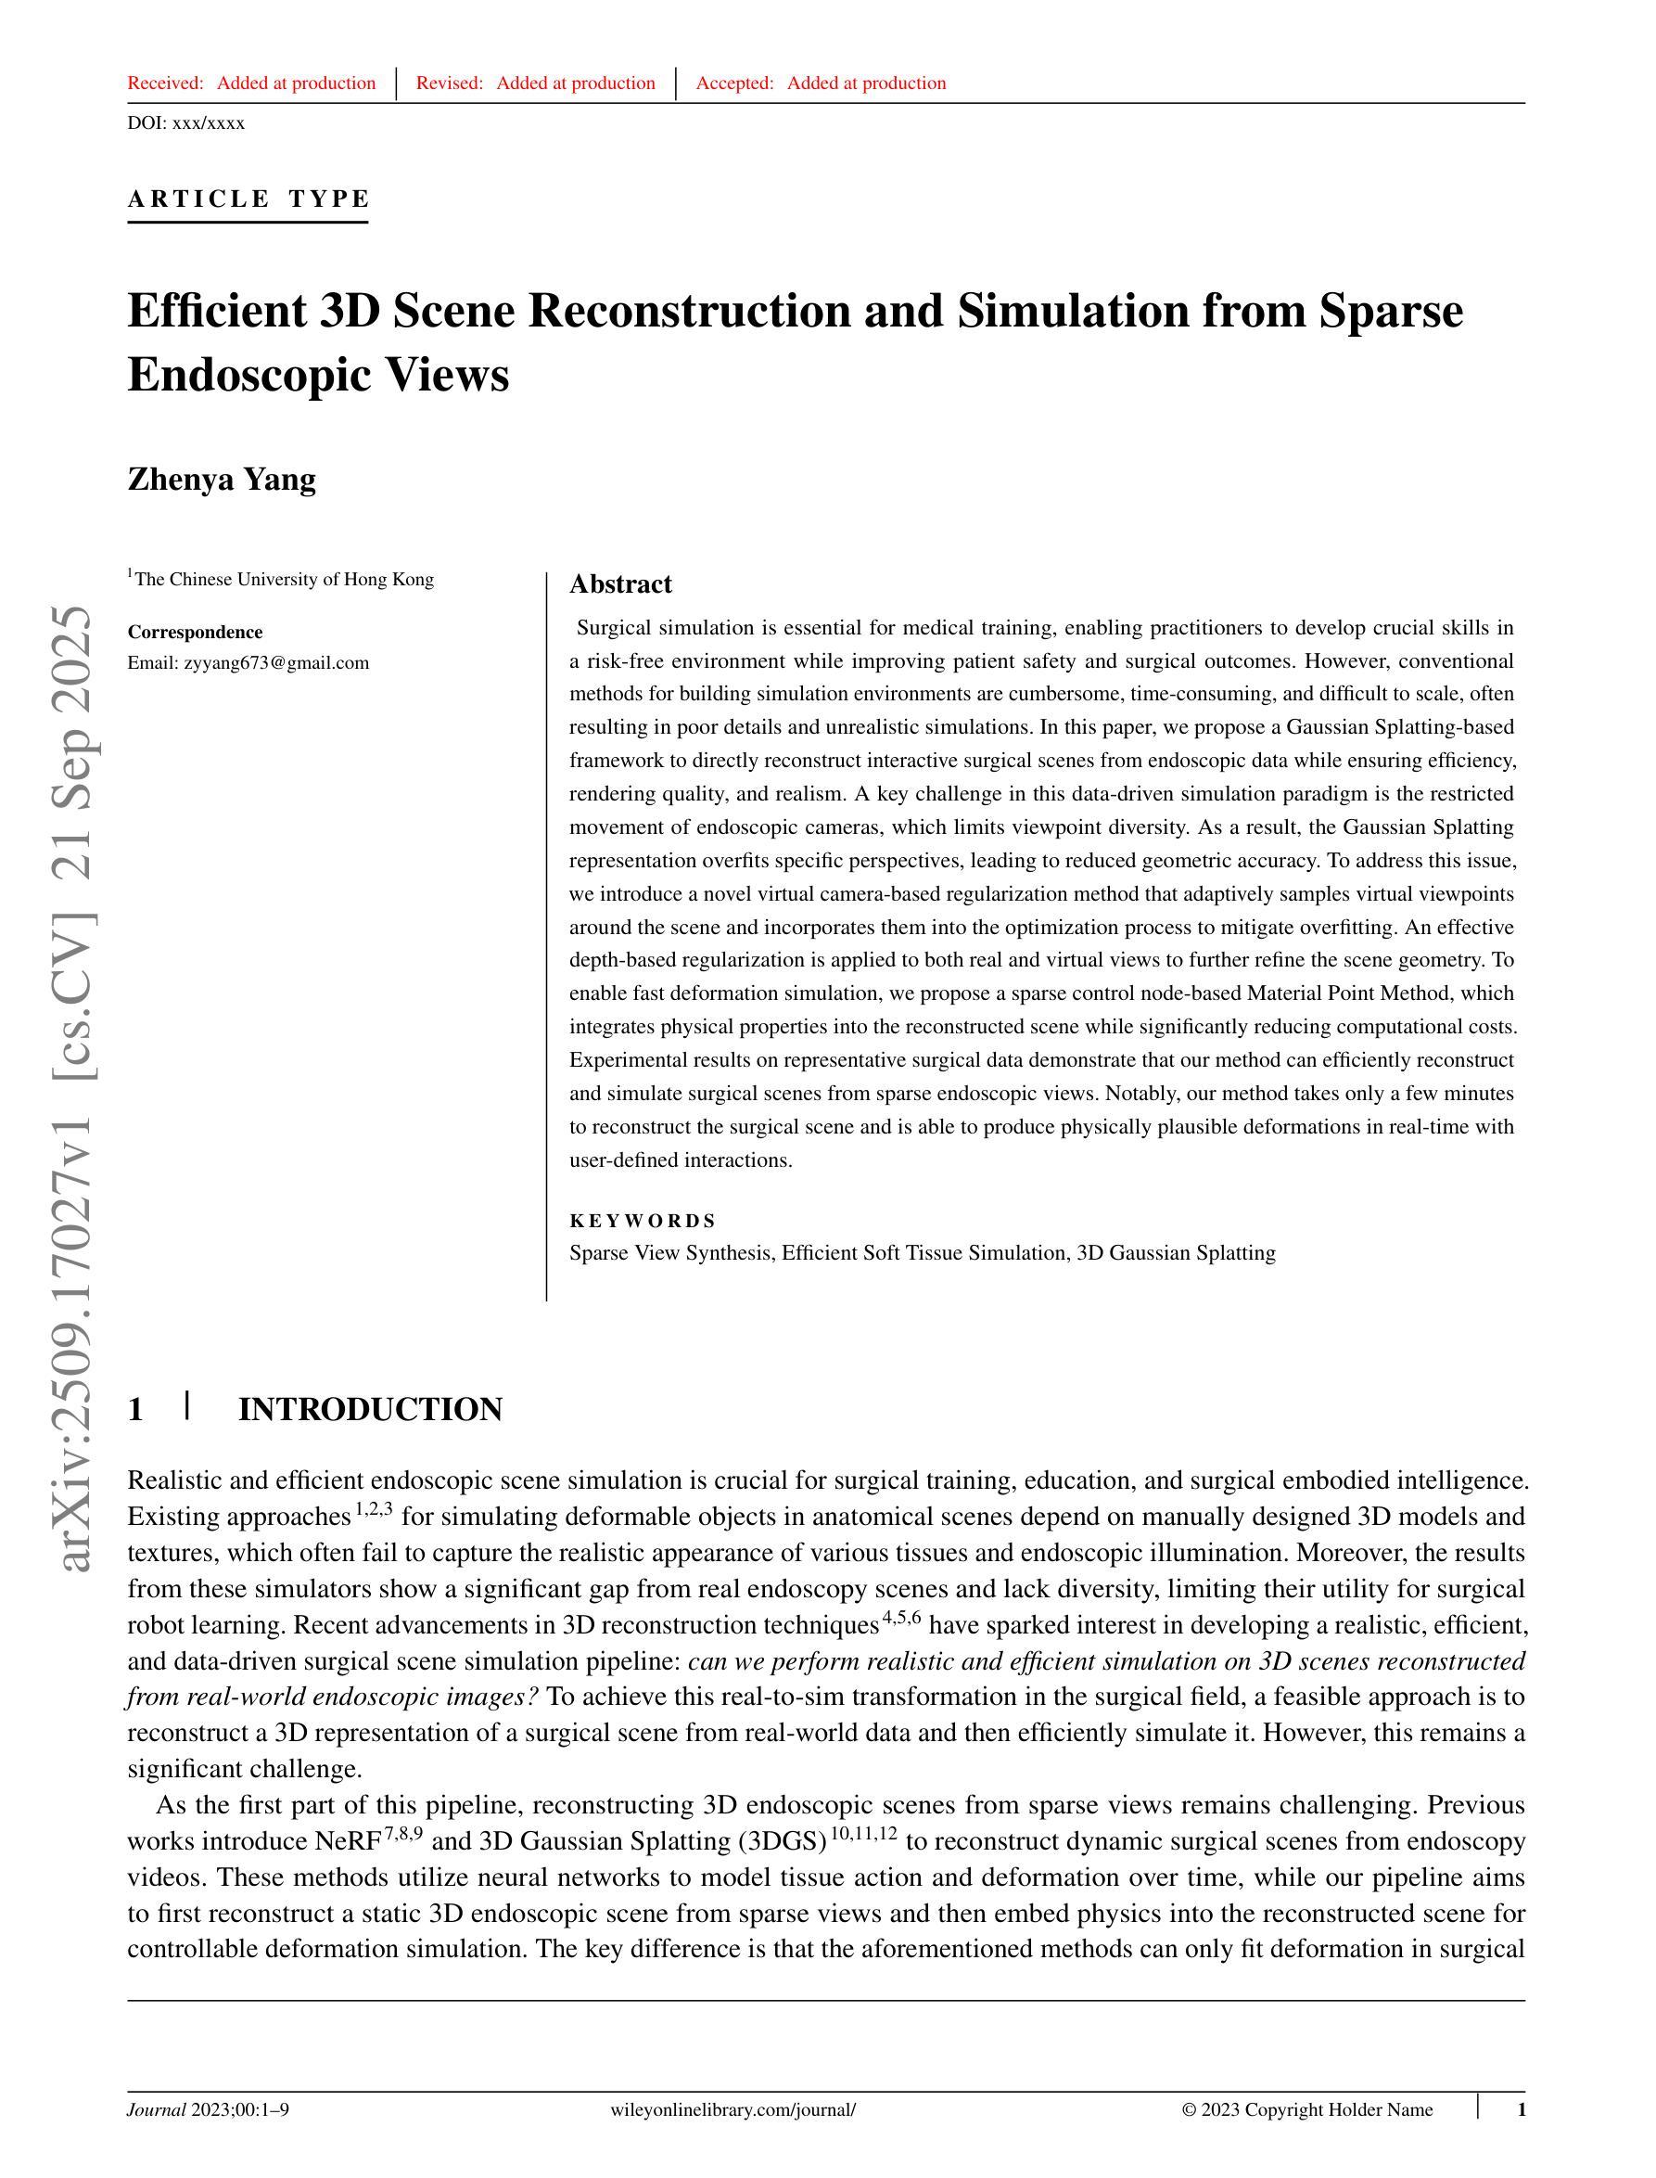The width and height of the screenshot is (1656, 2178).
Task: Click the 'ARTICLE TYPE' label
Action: (248, 199)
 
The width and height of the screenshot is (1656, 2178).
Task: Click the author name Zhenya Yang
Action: (222, 480)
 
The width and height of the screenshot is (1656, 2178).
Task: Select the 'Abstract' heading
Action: (620, 583)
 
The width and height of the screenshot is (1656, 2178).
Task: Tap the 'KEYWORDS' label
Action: (643, 1221)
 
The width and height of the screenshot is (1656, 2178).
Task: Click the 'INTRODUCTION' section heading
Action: (370, 1409)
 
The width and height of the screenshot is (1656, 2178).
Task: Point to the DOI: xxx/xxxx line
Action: (186, 123)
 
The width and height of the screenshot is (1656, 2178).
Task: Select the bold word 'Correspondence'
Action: (195, 632)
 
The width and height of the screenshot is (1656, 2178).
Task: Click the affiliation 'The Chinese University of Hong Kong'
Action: (284, 579)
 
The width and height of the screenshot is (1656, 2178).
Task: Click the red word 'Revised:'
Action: (450, 83)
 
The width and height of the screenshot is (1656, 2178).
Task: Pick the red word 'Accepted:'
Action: (734, 83)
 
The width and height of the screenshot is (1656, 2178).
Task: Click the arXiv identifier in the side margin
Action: (77, 1084)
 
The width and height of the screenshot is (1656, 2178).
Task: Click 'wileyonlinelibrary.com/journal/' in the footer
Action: (733, 2110)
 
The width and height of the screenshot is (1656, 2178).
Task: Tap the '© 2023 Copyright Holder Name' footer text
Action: (1307, 2110)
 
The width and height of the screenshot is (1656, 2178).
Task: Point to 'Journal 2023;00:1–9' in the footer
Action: (208, 2110)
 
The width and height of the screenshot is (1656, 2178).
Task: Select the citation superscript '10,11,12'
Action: (864, 1834)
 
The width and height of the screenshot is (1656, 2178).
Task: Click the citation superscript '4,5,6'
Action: (901, 1618)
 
